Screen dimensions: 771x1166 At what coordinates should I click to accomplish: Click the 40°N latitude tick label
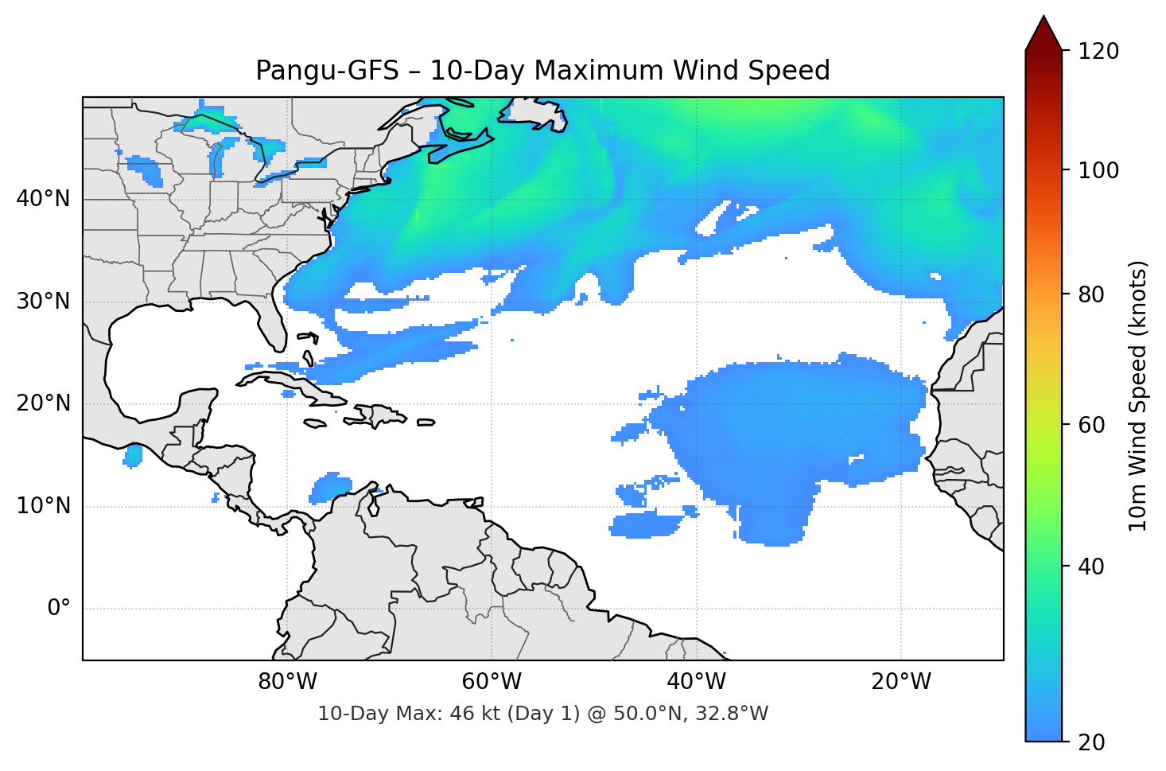tap(43, 199)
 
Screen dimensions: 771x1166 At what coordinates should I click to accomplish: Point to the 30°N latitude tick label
tap(43, 302)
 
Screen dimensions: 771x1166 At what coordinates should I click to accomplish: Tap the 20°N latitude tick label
tap(43, 403)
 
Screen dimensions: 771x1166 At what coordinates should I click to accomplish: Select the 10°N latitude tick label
tap(43, 506)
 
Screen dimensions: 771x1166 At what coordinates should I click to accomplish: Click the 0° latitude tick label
tap(59, 609)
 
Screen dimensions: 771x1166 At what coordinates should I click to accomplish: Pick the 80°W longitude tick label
tap(287, 682)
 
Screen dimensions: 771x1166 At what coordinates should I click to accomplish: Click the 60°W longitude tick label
tap(492, 682)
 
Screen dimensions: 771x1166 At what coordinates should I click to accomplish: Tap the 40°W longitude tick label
tap(696, 682)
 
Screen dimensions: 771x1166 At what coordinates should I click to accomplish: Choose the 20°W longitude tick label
tap(901, 682)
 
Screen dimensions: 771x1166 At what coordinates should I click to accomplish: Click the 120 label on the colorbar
tap(1098, 52)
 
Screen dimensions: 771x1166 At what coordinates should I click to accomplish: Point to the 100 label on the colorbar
tap(1098, 170)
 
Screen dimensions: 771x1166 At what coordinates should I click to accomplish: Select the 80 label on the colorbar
tap(1090, 294)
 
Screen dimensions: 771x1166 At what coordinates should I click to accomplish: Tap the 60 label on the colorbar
tap(1090, 425)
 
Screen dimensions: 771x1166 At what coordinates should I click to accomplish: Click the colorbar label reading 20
tap(1090, 742)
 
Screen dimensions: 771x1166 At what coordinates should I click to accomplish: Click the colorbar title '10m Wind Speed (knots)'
tap(1138, 395)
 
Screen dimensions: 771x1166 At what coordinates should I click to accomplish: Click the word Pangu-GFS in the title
tap(327, 71)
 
